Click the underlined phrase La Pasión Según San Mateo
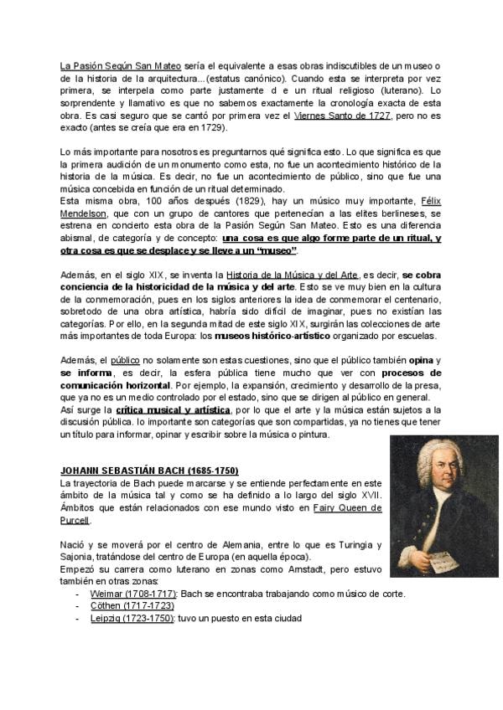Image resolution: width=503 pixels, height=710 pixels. pos(108,65)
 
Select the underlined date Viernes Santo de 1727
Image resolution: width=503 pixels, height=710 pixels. pos(342,115)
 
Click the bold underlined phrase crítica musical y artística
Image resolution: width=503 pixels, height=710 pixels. pos(173,410)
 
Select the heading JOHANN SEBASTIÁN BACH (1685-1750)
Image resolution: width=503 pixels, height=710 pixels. pos(149,471)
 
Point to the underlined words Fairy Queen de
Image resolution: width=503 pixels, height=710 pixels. pos(347,508)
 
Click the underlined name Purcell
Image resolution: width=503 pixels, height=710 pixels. pos(75,521)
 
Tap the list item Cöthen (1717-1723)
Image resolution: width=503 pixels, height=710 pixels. pos(132,606)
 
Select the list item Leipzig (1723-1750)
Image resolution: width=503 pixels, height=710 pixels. pos(132,618)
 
